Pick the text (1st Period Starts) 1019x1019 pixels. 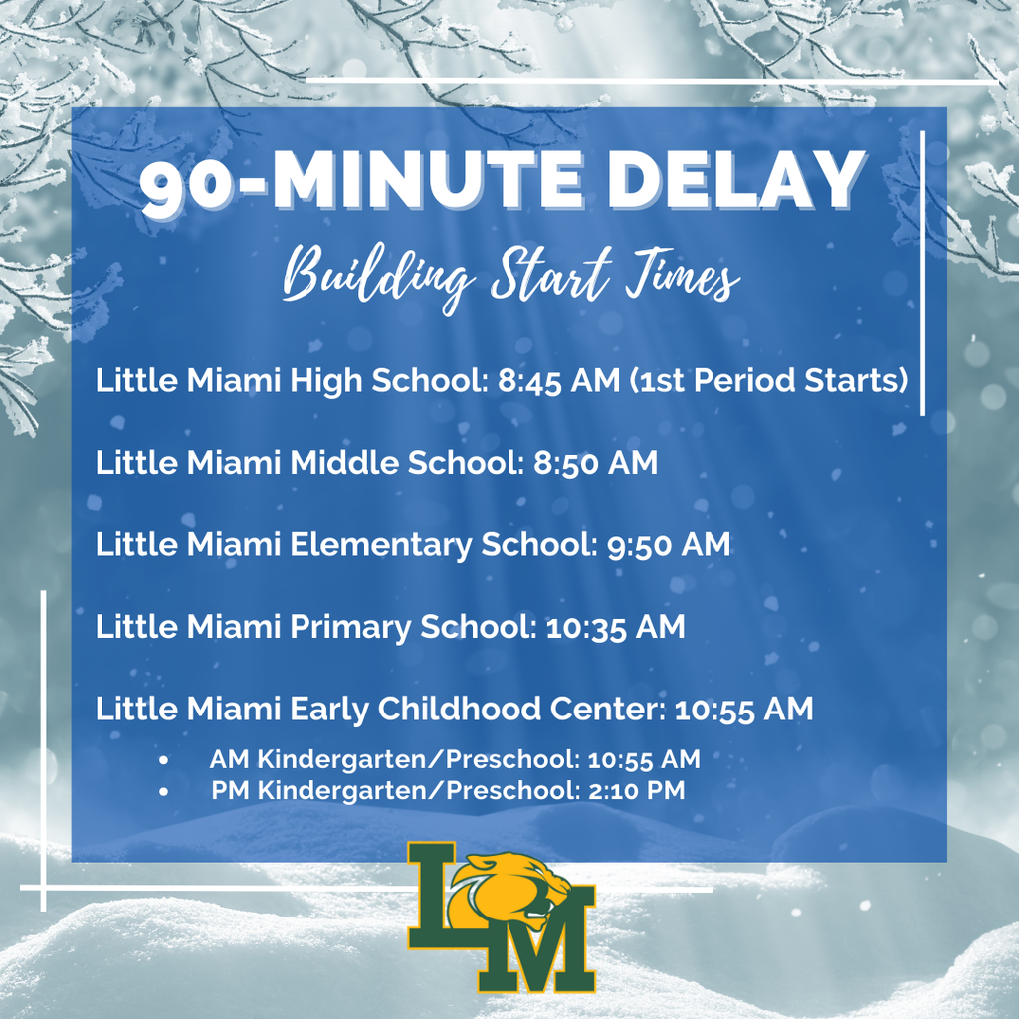pos(768,381)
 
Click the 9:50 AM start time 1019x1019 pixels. pos(668,545)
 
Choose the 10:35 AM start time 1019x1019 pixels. pos(615,627)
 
